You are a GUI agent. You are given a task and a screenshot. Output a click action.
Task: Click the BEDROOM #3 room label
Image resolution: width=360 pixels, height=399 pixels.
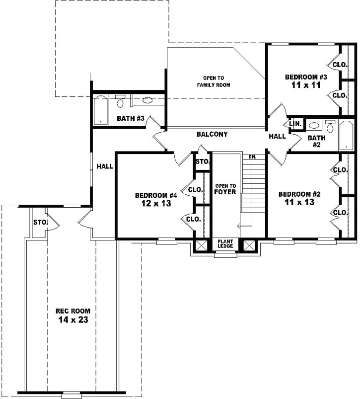tap(305, 77)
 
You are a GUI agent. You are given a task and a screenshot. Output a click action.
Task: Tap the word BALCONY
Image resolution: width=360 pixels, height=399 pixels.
tap(212, 134)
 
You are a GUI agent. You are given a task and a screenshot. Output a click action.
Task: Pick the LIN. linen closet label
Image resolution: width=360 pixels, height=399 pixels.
tap(295, 123)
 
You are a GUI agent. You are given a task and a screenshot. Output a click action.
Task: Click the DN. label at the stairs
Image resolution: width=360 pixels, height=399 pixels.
tap(252, 157)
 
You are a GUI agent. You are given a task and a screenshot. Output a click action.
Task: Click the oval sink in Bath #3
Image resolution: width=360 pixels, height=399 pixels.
tap(147, 100)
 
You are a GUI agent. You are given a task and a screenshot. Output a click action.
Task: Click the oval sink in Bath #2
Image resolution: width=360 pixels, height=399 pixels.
tap(314, 125)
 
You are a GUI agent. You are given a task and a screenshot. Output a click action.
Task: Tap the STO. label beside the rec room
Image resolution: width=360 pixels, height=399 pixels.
tap(39, 222)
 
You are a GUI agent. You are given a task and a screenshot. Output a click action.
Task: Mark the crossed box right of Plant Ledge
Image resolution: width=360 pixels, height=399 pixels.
tap(248, 245)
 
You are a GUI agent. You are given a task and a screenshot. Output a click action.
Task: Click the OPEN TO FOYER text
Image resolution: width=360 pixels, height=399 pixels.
tap(225, 189)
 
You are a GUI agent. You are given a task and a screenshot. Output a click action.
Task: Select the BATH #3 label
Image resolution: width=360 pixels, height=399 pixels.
tap(130, 118)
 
